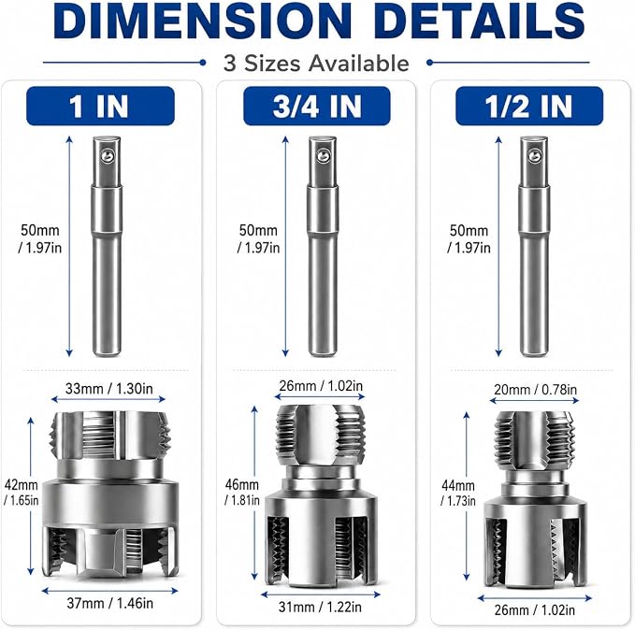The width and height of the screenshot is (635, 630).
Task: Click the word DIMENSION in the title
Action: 203,21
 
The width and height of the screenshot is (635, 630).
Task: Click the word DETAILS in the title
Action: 481,21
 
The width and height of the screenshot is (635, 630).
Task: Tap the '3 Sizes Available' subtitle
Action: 316,64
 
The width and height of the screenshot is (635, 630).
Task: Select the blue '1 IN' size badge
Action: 100,106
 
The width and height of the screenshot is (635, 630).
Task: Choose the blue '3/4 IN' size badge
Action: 317,106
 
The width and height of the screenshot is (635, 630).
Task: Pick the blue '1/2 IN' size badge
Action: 529,106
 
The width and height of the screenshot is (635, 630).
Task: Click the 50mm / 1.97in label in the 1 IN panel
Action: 39,239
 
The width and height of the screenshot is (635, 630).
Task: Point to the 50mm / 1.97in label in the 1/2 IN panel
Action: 469,239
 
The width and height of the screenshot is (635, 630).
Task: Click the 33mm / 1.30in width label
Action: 108,389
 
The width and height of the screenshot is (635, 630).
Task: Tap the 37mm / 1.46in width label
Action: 109,603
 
